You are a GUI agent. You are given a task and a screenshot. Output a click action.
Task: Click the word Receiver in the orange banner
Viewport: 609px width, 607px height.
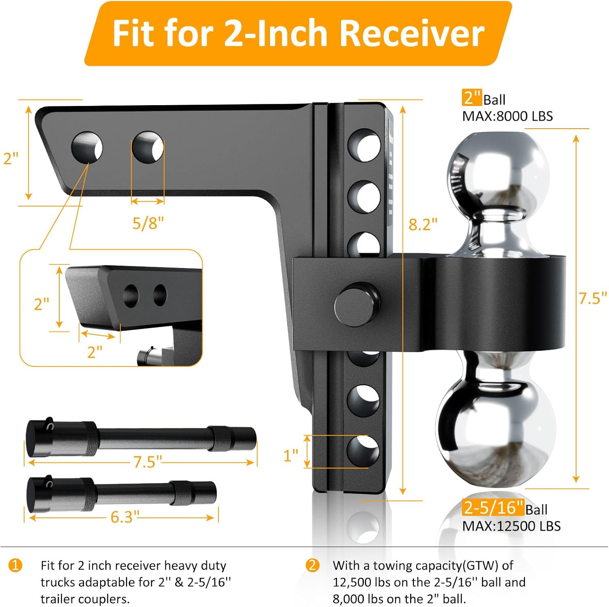[412, 33]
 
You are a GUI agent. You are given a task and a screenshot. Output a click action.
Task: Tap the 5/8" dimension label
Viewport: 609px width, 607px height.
[148, 223]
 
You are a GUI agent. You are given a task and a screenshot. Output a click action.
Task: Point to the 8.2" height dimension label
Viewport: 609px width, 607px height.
[423, 224]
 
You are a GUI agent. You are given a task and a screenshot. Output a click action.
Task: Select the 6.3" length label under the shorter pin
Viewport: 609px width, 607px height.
[125, 517]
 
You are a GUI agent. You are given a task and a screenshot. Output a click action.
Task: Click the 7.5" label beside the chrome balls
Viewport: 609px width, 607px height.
[592, 298]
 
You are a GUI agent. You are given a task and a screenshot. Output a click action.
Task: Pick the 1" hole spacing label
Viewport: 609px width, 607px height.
[291, 456]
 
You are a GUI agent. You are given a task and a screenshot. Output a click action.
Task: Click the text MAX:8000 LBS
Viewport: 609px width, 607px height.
[507, 117]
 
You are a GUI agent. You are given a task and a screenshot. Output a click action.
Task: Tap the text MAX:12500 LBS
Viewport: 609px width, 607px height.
[511, 526]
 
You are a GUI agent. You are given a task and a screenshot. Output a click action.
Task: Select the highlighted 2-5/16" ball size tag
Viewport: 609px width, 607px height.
[492, 508]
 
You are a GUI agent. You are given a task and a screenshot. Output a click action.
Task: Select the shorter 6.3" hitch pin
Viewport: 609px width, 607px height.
[122, 493]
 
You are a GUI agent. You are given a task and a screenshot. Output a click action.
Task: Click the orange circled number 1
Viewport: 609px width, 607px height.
[15, 565]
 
